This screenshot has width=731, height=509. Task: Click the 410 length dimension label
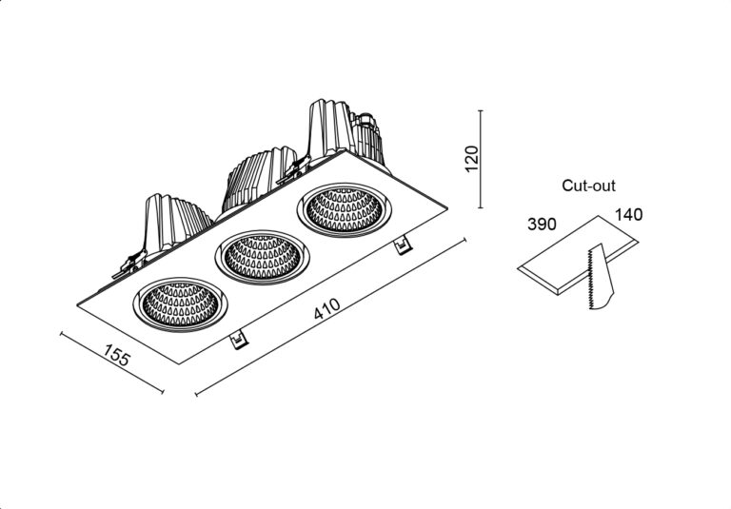click(326, 309)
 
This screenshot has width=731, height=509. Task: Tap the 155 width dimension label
click(117, 355)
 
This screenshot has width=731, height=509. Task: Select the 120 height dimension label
click(472, 159)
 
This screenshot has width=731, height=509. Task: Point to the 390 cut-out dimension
click(542, 225)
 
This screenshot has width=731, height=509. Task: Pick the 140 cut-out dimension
click(628, 215)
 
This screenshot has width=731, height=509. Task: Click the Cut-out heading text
click(588, 186)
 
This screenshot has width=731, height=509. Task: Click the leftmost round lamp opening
click(181, 304)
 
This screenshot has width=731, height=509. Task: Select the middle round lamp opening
click(262, 257)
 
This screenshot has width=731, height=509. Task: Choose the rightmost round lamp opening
click(344, 209)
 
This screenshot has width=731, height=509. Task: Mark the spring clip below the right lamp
click(403, 245)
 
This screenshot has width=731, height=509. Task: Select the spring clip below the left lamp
click(239, 340)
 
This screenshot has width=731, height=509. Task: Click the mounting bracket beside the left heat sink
click(129, 264)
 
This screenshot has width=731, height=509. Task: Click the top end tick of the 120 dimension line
click(480, 111)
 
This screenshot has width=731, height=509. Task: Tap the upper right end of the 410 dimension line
click(464, 240)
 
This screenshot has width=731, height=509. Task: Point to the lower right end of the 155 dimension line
click(162, 392)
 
